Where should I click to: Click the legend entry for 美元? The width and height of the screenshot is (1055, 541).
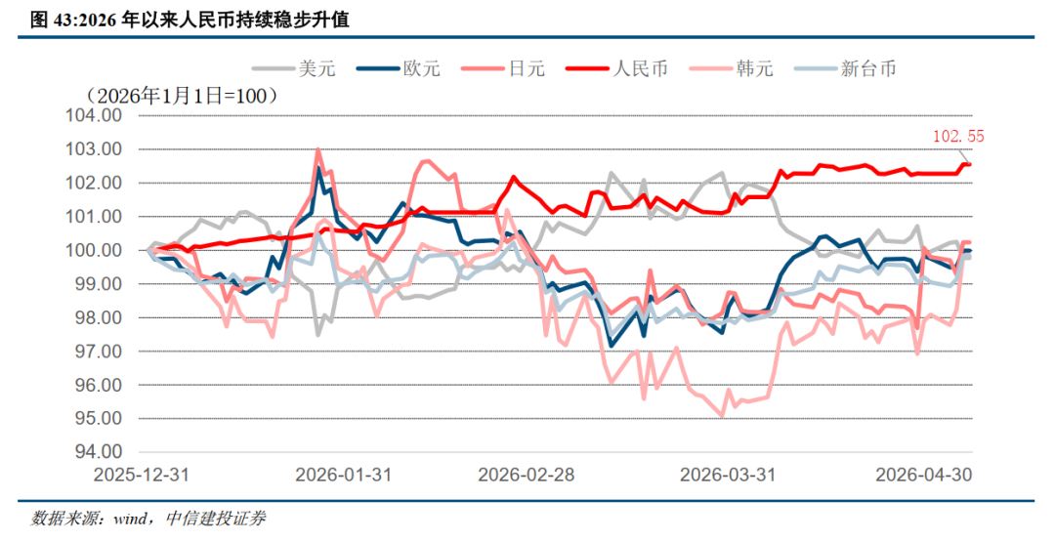pyautogui.click(x=293, y=68)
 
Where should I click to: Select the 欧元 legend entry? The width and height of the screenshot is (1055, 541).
pyautogui.click(x=399, y=68)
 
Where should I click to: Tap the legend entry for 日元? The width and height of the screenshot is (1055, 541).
pyautogui.click(x=503, y=68)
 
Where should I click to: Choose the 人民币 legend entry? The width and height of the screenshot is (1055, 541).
pyautogui.click(x=617, y=68)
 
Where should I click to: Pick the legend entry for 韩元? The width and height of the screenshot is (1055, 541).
pyautogui.click(x=732, y=68)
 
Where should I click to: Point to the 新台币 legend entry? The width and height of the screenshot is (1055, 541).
pyautogui.click(x=846, y=68)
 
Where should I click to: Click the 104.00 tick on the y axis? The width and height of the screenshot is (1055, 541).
pyautogui.click(x=94, y=116)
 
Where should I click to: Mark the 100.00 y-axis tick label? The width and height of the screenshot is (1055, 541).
pyautogui.click(x=94, y=250)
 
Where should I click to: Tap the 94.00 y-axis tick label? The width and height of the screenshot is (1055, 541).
pyautogui.click(x=94, y=452)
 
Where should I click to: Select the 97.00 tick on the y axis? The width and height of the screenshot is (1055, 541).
pyautogui.click(x=94, y=352)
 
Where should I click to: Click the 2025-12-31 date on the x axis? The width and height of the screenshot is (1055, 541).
pyautogui.click(x=142, y=475)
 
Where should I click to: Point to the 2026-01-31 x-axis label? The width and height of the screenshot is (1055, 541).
pyautogui.click(x=343, y=475)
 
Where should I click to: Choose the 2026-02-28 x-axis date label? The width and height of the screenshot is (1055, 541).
pyautogui.click(x=527, y=475)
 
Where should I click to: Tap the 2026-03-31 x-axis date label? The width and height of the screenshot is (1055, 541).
pyautogui.click(x=728, y=475)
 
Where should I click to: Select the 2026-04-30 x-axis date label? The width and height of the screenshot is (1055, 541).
pyautogui.click(x=924, y=475)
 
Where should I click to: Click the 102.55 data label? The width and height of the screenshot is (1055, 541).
pyautogui.click(x=958, y=137)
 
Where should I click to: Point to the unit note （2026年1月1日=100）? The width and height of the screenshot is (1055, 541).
pyautogui.click(x=182, y=96)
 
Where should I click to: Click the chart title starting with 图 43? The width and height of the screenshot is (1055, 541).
pyautogui.click(x=190, y=20)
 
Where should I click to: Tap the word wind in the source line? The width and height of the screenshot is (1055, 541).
pyautogui.click(x=129, y=519)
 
